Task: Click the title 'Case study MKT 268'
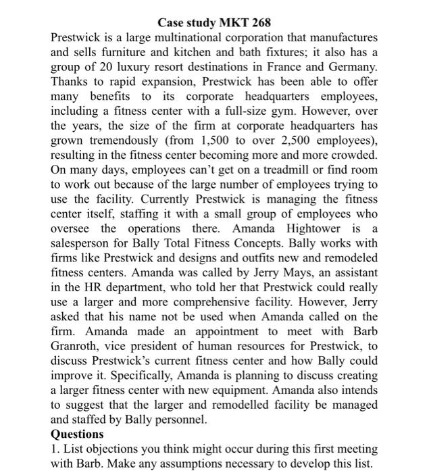(x=214, y=24)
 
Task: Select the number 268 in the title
(x=260, y=24)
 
